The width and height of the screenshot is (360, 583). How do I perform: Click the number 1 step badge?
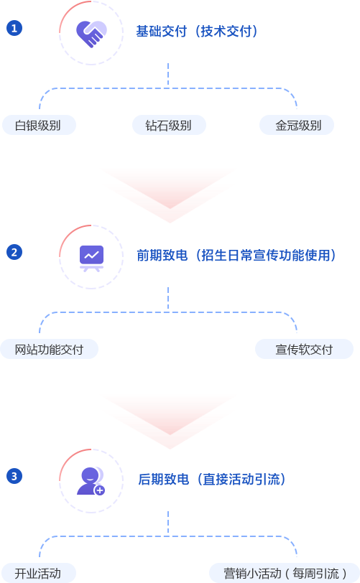point(14,28)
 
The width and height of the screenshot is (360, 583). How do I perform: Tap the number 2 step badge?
point(14,252)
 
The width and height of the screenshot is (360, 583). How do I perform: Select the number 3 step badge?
point(14,476)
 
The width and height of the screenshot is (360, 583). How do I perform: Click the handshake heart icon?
point(91,34)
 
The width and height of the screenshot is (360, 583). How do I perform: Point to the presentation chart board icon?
point(91,258)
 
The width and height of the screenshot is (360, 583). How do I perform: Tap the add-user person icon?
point(91,481)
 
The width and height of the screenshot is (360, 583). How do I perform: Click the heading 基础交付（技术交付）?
point(197,32)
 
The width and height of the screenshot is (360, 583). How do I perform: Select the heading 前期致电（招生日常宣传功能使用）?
point(236,255)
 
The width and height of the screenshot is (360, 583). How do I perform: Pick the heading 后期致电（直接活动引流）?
point(211,479)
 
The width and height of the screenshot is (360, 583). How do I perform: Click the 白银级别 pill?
point(39,125)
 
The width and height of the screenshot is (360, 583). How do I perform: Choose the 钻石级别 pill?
point(169,125)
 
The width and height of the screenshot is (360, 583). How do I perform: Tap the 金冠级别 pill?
point(297,125)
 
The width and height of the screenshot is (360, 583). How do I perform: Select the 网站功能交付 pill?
point(49,349)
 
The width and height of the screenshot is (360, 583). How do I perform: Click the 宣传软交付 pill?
point(304,349)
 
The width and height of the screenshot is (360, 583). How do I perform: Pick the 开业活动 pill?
point(39,573)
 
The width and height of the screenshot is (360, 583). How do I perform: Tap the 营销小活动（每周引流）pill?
point(285,573)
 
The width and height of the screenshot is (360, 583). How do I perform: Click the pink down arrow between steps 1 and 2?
point(170,196)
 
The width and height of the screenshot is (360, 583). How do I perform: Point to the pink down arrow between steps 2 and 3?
point(170,422)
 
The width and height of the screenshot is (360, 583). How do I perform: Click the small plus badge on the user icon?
point(99,490)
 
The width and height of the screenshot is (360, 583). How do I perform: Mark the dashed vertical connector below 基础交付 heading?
point(168,75)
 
